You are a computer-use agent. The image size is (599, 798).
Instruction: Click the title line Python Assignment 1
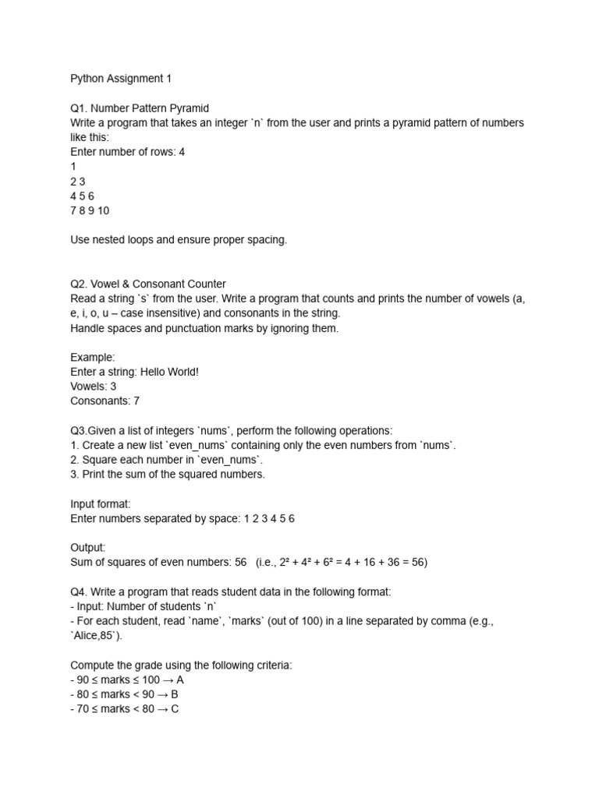[120, 79]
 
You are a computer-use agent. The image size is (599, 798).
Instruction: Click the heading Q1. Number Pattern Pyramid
[140, 108]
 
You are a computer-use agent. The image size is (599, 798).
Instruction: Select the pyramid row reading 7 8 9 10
[90, 210]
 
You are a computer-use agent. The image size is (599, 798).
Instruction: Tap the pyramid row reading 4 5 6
[82, 196]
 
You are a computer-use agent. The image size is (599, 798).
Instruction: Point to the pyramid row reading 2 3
[77, 182]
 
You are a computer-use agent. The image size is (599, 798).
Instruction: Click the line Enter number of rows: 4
[127, 152]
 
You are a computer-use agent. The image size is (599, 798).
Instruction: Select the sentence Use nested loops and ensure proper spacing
[179, 240]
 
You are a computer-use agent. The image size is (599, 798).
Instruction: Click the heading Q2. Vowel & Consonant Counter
[148, 284]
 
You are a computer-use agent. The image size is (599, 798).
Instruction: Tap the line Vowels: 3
[94, 387]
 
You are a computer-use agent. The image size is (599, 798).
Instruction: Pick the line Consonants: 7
[105, 401]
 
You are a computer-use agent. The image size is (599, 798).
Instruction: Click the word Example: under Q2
[93, 357]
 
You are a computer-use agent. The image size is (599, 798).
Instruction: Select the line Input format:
[101, 503]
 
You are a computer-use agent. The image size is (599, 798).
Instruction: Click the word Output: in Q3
[87, 548]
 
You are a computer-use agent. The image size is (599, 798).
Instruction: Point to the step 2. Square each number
[167, 460]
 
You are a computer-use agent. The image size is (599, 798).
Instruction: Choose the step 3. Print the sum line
[168, 475]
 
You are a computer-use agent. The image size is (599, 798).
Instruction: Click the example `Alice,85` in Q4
[96, 636]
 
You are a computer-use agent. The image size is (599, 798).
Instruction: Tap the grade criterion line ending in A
[127, 680]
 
